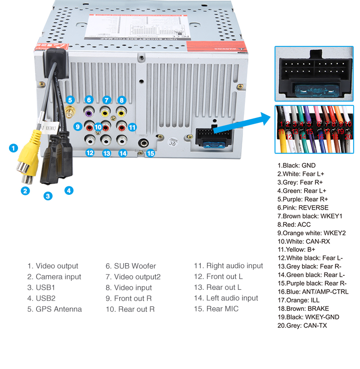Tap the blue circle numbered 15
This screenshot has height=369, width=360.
(150, 153)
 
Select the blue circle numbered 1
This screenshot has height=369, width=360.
(13, 148)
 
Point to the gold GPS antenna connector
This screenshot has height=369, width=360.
(70, 112)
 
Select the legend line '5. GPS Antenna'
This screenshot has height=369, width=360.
(54, 309)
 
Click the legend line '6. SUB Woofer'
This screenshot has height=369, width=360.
(130, 266)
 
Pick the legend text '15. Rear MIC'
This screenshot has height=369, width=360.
(216, 309)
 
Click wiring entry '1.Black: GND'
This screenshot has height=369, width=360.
(297, 166)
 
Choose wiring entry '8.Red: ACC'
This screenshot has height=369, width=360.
(294, 225)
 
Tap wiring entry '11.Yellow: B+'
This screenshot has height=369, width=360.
(297, 250)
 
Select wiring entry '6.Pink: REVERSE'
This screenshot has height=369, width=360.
(303, 208)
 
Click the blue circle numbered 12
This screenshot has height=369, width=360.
(90, 153)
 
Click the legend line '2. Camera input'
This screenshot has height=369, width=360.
(54, 277)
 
